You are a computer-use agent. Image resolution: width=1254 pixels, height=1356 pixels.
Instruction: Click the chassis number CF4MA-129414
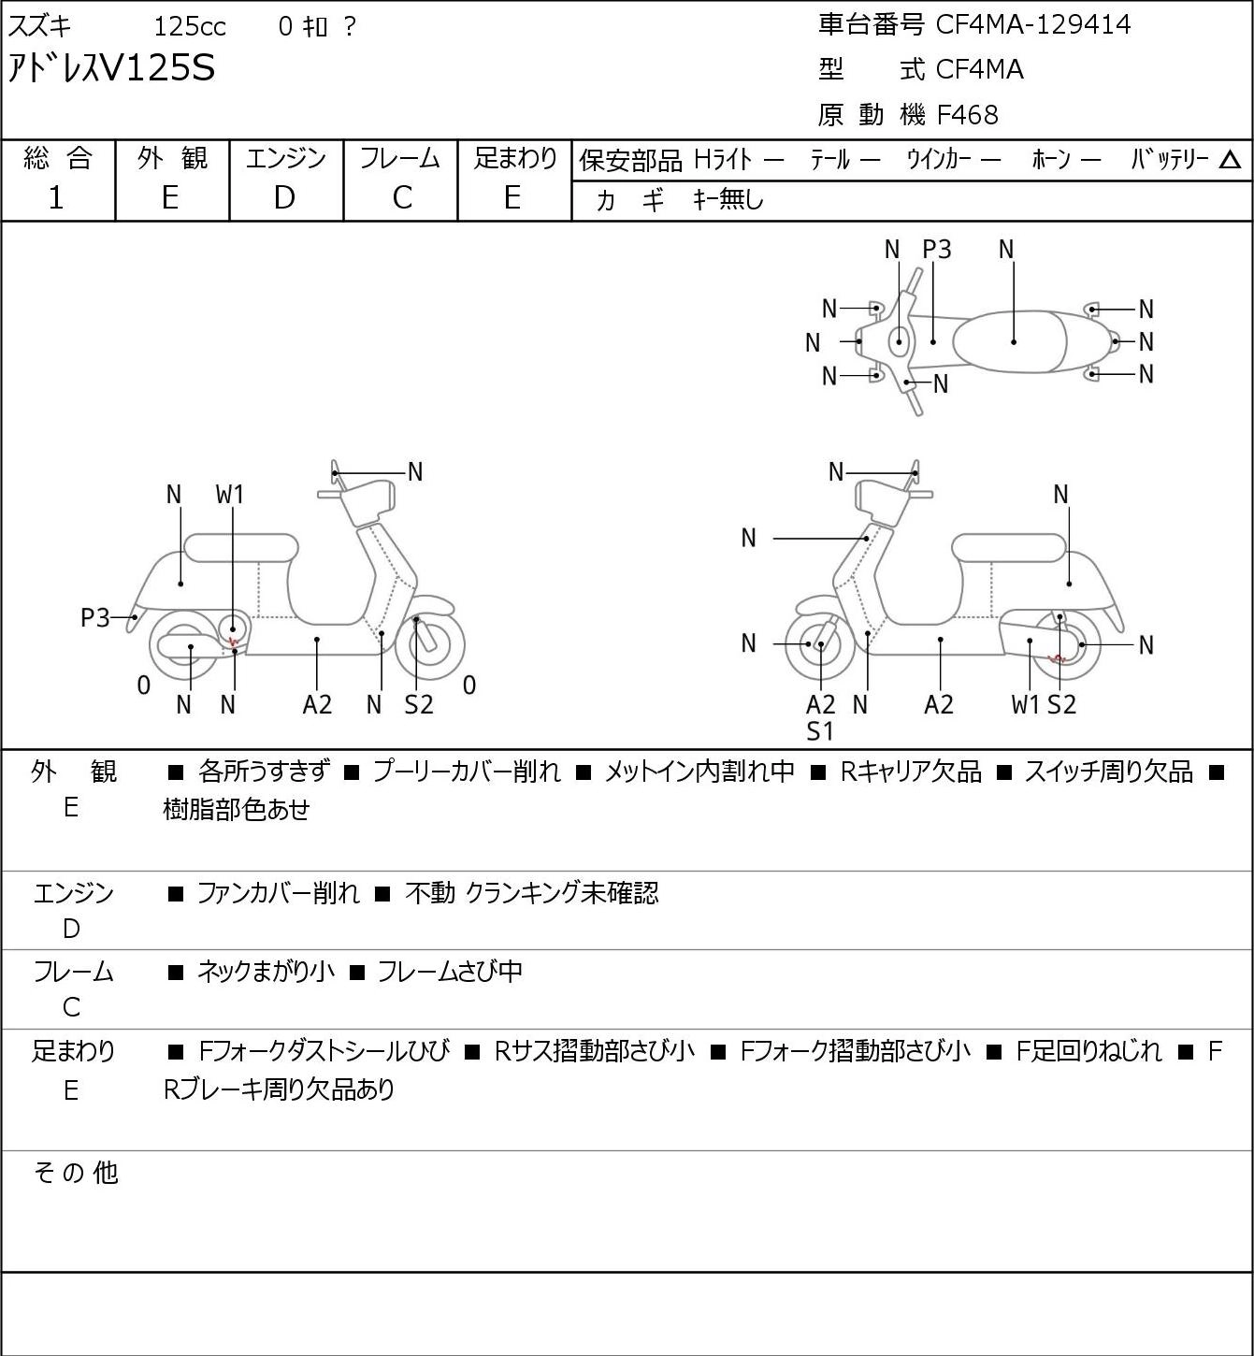[x=1032, y=25]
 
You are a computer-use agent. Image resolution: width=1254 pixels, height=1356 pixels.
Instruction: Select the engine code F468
[x=967, y=115]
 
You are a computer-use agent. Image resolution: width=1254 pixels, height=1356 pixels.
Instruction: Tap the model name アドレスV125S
[x=111, y=68]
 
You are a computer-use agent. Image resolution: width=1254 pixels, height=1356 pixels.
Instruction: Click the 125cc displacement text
[x=189, y=26]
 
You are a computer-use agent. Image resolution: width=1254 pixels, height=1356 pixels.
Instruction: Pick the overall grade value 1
[x=56, y=198]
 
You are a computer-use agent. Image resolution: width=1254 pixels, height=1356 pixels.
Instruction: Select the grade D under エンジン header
[x=284, y=198]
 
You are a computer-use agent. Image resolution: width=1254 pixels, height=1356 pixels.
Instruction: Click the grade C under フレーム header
[x=402, y=198]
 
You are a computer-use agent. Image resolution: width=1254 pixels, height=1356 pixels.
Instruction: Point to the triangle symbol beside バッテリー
[x=1230, y=160]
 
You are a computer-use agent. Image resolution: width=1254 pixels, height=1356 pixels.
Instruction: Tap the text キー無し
[x=728, y=199]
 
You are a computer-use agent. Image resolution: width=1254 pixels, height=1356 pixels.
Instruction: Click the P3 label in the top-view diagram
[x=936, y=249]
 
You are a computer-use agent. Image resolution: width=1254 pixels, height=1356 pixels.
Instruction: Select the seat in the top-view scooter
[x=1010, y=341]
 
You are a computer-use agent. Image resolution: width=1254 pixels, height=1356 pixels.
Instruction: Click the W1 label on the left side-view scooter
[x=229, y=495]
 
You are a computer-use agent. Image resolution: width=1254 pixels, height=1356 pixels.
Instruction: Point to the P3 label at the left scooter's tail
[x=95, y=618]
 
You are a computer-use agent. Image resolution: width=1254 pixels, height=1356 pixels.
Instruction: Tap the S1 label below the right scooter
[x=819, y=732]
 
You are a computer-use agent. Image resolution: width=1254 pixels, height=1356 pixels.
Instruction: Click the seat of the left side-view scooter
[x=241, y=548]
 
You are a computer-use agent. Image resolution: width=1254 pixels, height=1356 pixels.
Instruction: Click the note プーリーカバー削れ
[x=467, y=772]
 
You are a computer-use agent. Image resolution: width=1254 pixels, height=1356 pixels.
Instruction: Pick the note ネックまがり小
[x=266, y=971]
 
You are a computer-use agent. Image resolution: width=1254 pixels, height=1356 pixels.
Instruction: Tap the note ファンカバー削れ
[x=278, y=893]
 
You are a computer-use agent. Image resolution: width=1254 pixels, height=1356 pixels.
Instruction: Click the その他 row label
[x=76, y=1173]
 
